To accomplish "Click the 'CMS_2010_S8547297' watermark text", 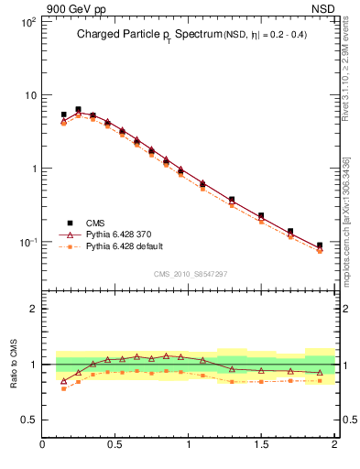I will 190,274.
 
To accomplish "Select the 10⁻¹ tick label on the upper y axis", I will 26,243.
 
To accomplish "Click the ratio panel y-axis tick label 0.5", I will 28,420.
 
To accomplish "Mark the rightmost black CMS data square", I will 320,245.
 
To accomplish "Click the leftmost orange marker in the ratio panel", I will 63,388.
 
